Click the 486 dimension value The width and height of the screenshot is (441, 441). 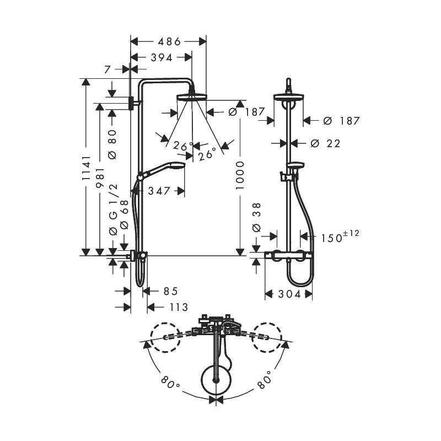(x=169, y=42)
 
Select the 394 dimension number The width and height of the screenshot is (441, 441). (x=162, y=58)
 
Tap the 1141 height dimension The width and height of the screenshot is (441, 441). (x=87, y=168)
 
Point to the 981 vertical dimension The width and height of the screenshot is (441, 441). (x=100, y=178)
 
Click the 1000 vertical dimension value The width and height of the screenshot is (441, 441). (x=240, y=175)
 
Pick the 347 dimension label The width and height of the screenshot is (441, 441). (x=159, y=191)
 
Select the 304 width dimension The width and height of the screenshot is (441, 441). (x=290, y=294)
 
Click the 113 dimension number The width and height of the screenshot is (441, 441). (x=179, y=307)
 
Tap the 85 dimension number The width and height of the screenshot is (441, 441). (x=171, y=292)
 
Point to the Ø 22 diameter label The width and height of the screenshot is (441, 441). (x=325, y=144)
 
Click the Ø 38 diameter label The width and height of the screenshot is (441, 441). (x=257, y=217)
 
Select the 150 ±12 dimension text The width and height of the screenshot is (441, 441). (x=340, y=236)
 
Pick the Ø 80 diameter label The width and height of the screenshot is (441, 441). (x=112, y=144)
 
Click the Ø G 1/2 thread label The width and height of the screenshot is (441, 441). (x=113, y=210)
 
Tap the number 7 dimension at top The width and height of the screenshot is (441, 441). (x=107, y=69)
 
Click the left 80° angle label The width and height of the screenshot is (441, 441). (x=170, y=383)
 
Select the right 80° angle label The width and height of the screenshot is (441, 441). (x=265, y=380)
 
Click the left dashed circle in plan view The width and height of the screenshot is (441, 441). (x=165, y=337)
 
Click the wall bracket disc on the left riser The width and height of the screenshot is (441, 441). (x=131, y=104)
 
